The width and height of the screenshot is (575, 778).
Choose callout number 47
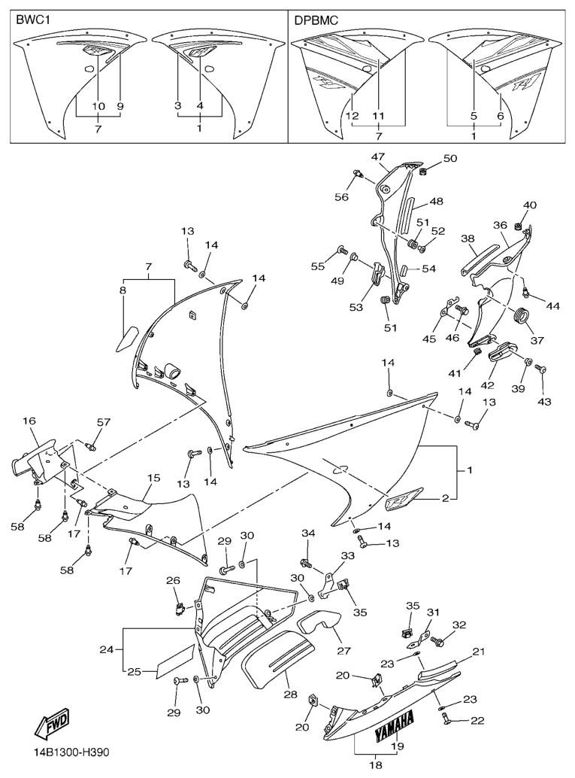tap(377, 157)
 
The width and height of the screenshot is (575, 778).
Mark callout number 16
tap(29, 421)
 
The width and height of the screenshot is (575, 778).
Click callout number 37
tap(537, 340)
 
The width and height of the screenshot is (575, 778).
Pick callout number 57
tap(103, 422)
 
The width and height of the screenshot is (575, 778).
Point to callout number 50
tap(450, 159)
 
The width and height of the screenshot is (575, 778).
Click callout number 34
tap(307, 534)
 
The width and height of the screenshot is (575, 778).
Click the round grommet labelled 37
tap(519, 315)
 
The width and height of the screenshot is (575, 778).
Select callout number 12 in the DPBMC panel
tap(353, 116)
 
